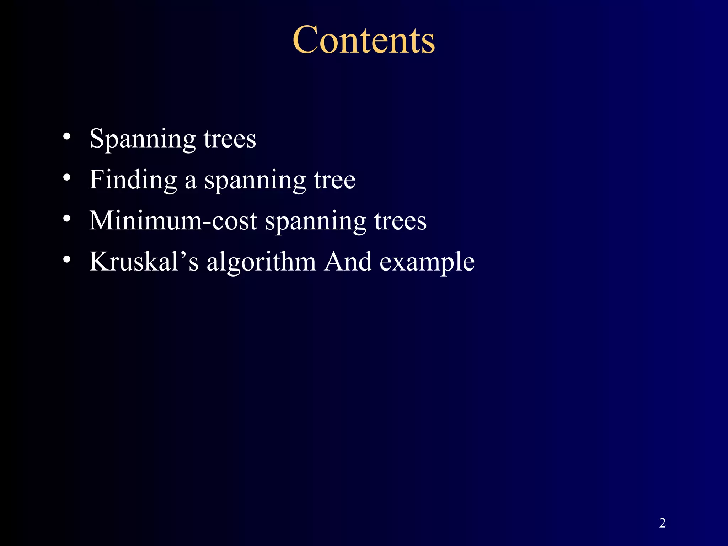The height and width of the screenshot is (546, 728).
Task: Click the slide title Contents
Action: click(x=364, y=40)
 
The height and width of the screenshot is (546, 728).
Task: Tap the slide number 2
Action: click(x=662, y=523)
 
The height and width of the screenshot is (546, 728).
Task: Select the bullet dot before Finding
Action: click(x=67, y=177)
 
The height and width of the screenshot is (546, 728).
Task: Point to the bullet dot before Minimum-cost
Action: click(x=67, y=219)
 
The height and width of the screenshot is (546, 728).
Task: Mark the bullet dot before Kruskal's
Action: click(x=67, y=260)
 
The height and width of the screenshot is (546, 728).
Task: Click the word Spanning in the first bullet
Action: click(x=142, y=139)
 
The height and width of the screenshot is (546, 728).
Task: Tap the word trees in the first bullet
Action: click(x=230, y=139)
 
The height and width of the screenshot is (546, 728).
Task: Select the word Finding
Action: click(x=133, y=180)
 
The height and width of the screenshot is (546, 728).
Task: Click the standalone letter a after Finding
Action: click(x=191, y=182)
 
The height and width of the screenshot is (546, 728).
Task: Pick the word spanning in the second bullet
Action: click(x=255, y=181)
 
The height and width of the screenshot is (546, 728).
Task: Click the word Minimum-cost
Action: click(x=173, y=221)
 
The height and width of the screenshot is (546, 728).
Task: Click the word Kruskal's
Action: click(x=144, y=262)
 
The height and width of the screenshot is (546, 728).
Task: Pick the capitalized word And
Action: click(x=348, y=262)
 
